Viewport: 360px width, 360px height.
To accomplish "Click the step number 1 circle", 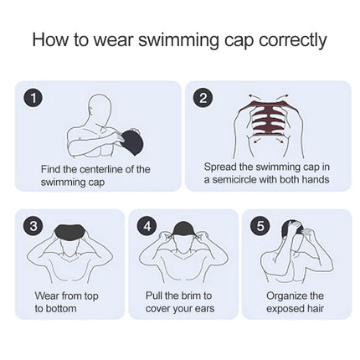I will [x=34, y=98].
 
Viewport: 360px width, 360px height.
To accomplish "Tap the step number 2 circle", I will [x=203, y=98].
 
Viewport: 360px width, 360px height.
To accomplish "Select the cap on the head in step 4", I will [x=183, y=230].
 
